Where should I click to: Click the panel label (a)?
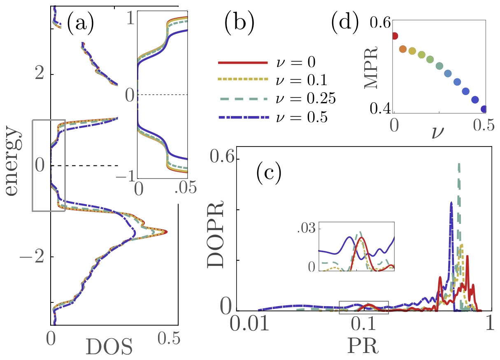coord(80,24)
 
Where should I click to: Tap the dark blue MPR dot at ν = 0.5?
coord(484,109)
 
